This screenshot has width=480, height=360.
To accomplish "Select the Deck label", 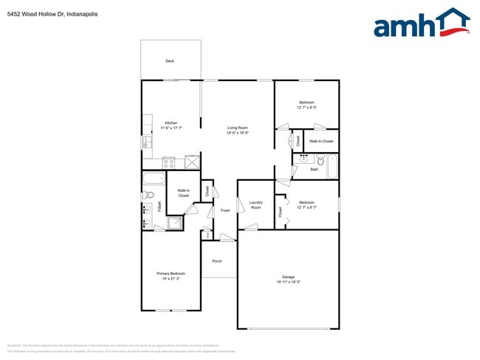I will point(170,61).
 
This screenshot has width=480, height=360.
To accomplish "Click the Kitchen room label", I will point(171,123).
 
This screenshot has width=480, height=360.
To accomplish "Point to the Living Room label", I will point(237,128).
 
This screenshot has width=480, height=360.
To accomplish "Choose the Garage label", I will point(287,277).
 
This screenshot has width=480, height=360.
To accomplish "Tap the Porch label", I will point(217,261).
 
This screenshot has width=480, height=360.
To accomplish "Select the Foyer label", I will point(225,210).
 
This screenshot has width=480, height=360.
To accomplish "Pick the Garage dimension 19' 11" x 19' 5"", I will point(287,282).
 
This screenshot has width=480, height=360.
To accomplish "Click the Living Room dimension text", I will point(237,133).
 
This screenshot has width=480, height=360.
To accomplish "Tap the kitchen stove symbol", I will point(169,162).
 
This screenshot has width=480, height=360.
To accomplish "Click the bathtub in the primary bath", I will point(154,177).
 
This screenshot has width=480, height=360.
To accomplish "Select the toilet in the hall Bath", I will point(321,159).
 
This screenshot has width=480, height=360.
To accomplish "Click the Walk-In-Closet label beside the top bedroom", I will point(320,141).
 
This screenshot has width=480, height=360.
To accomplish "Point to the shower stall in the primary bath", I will point(175,223).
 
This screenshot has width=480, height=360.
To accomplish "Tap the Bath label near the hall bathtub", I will point(314,170).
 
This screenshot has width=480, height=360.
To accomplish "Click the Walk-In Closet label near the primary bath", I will point(183,193).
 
